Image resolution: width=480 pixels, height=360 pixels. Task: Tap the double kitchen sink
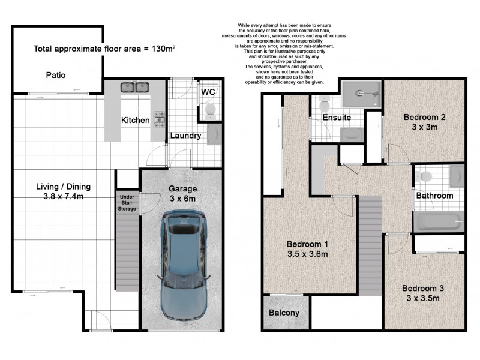135,88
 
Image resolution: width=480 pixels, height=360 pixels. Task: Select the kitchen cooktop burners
159,119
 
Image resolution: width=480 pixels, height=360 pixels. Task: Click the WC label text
208,92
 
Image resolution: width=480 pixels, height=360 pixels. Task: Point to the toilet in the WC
210,109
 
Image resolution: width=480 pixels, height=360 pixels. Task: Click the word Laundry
185,136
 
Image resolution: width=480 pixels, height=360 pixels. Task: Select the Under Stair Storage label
127,202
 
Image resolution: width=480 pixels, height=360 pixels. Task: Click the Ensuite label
337,118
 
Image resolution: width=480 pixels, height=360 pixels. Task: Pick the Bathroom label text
436,196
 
